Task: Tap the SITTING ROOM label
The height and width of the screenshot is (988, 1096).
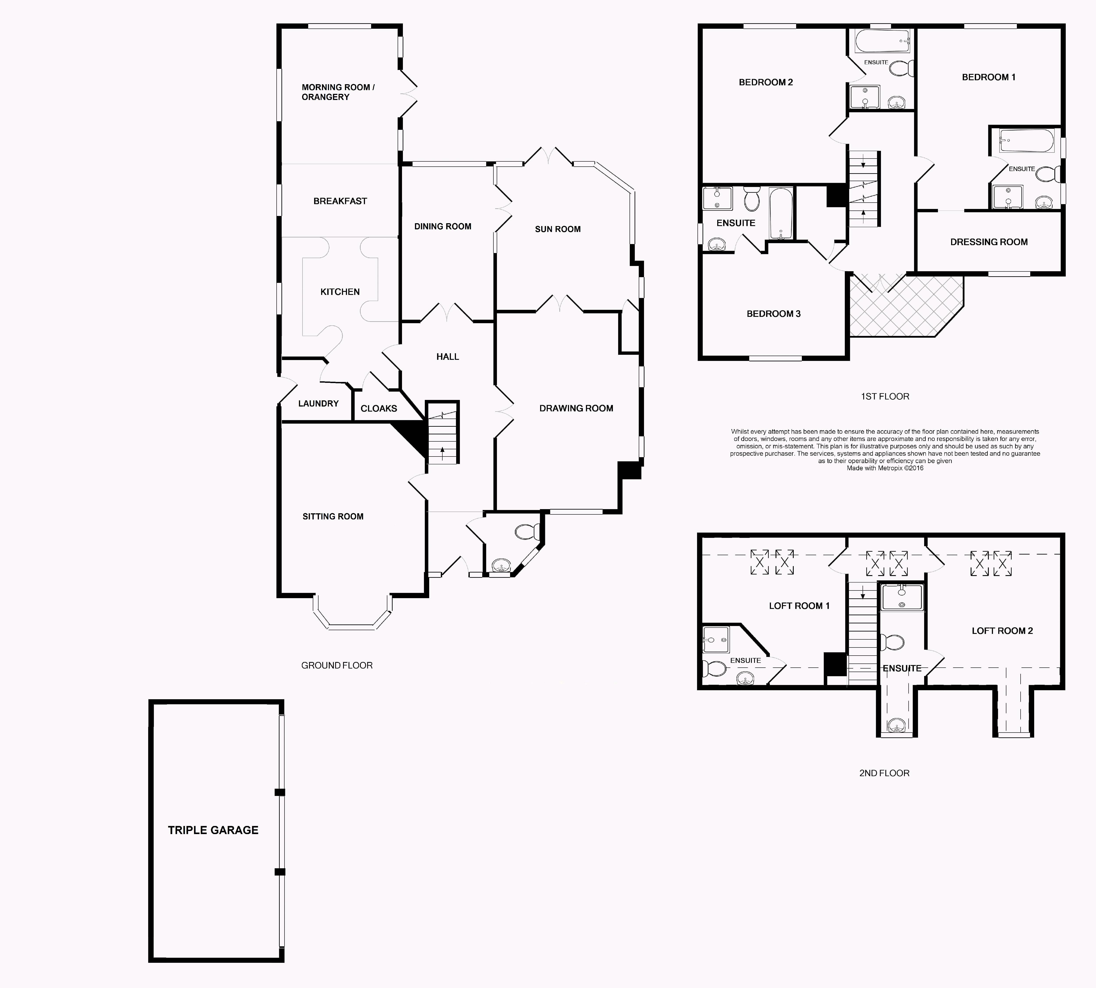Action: point(333,516)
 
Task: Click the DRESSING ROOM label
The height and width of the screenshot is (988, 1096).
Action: point(989,242)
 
